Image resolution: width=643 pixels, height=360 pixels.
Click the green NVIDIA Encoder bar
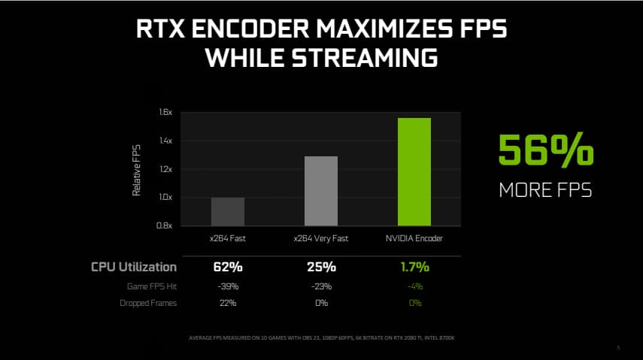414,171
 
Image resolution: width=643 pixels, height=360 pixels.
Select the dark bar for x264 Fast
227,211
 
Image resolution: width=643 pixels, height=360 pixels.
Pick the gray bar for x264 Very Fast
321,191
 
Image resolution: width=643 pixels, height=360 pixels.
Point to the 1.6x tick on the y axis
165,113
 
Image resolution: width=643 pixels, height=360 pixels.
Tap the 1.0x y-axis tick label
165,198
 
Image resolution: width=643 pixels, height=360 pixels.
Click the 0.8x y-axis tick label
165,225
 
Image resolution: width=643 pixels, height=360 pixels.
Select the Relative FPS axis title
137,170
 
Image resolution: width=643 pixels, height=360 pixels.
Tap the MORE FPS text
545,190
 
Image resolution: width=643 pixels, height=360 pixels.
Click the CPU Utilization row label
134,267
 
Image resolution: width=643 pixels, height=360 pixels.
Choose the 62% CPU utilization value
227,267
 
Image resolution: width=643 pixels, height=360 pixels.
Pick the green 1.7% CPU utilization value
414,267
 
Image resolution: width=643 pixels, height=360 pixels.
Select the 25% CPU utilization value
321,267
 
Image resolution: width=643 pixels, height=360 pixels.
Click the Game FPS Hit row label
151,286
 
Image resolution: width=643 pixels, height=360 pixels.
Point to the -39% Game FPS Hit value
227,286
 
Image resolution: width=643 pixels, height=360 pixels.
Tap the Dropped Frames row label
149,303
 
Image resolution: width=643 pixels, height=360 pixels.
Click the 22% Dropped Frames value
227,303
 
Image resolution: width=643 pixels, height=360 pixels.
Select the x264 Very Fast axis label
321,238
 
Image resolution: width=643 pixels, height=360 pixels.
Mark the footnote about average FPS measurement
321,337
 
